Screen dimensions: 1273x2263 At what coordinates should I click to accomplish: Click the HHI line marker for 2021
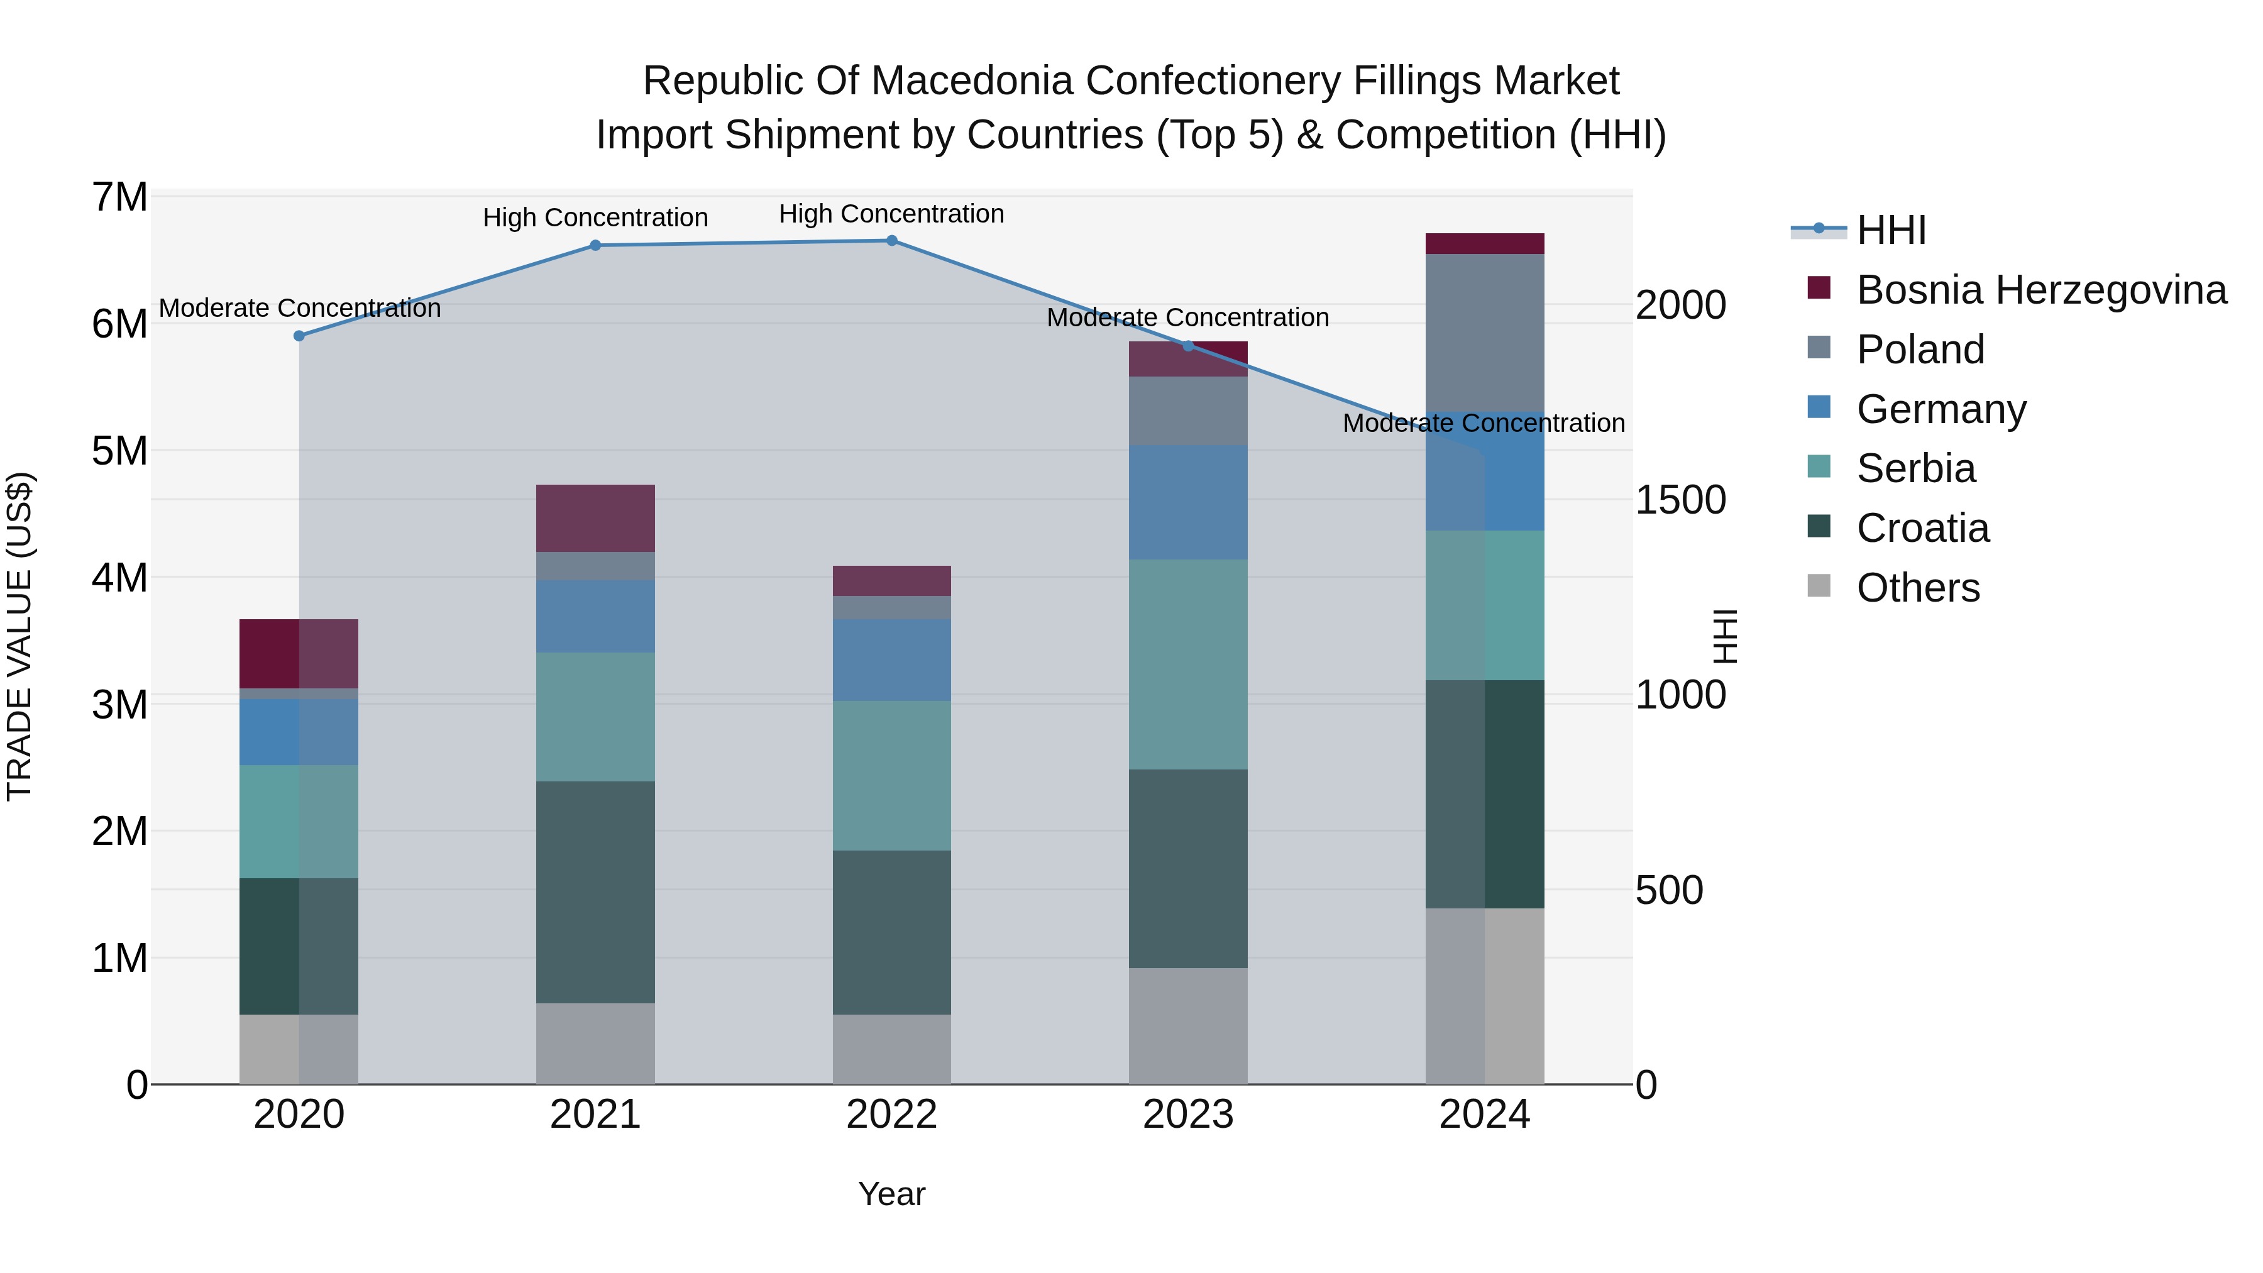(x=595, y=245)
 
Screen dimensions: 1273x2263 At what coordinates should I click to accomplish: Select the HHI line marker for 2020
(x=299, y=336)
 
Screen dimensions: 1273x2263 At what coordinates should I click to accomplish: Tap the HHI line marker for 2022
(x=891, y=241)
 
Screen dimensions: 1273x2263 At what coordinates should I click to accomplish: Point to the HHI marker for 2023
(x=1187, y=345)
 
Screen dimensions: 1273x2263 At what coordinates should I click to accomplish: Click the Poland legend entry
(x=1920, y=350)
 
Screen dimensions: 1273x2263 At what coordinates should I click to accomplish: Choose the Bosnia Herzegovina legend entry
(x=2040, y=290)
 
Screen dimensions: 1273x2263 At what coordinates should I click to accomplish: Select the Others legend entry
(x=1918, y=588)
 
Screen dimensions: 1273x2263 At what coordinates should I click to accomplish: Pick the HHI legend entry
(x=1890, y=230)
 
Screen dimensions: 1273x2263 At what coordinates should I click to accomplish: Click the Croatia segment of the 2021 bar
(x=595, y=891)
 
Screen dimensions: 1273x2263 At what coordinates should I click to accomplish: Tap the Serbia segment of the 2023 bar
(x=1187, y=664)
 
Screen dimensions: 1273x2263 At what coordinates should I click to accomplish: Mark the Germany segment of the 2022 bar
(x=891, y=660)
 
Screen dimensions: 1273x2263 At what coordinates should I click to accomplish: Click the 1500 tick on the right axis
(x=1680, y=501)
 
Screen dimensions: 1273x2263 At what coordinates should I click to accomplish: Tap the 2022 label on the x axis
(x=891, y=1115)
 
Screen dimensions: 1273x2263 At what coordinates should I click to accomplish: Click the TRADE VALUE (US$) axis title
(x=19, y=636)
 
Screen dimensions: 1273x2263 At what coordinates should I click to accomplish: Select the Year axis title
(x=891, y=1194)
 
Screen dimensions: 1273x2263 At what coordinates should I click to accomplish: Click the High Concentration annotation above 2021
(x=595, y=218)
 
